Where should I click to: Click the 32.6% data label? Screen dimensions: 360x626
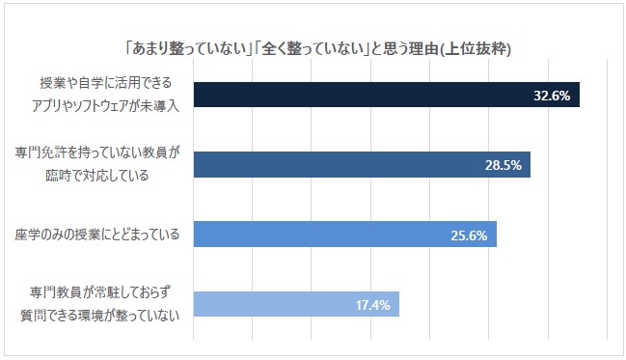pyautogui.click(x=552, y=95)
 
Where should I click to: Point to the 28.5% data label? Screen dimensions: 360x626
pyautogui.click(x=504, y=165)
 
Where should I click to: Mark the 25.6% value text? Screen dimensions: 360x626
pyautogui.click(x=469, y=235)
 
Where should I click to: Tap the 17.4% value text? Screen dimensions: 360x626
pyautogui.click(x=372, y=305)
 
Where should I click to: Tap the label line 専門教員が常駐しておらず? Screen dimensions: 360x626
pyautogui.click(x=109, y=294)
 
